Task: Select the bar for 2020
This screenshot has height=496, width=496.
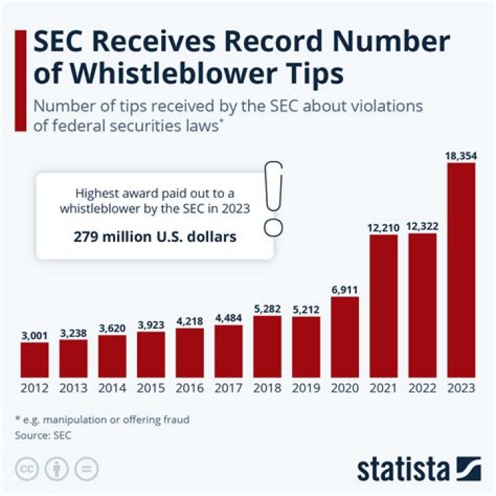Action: point(344,337)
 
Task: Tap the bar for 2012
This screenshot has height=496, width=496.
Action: point(34,360)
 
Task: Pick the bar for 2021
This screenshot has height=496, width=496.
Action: point(384,306)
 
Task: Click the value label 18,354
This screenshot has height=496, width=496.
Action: point(460,156)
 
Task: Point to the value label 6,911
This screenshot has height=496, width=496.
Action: point(344,289)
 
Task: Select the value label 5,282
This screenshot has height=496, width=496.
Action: point(267,309)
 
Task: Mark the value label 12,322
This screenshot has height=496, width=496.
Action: point(422,226)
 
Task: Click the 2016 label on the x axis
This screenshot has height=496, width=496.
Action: point(189,388)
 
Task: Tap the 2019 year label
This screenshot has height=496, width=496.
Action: point(306,388)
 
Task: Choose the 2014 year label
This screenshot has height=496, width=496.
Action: point(112,388)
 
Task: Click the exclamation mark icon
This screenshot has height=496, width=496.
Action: point(274,198)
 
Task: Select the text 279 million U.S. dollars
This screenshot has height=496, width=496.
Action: point(156,237)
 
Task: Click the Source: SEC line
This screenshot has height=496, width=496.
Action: point(43,435)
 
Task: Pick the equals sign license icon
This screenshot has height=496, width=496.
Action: point(87,468)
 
